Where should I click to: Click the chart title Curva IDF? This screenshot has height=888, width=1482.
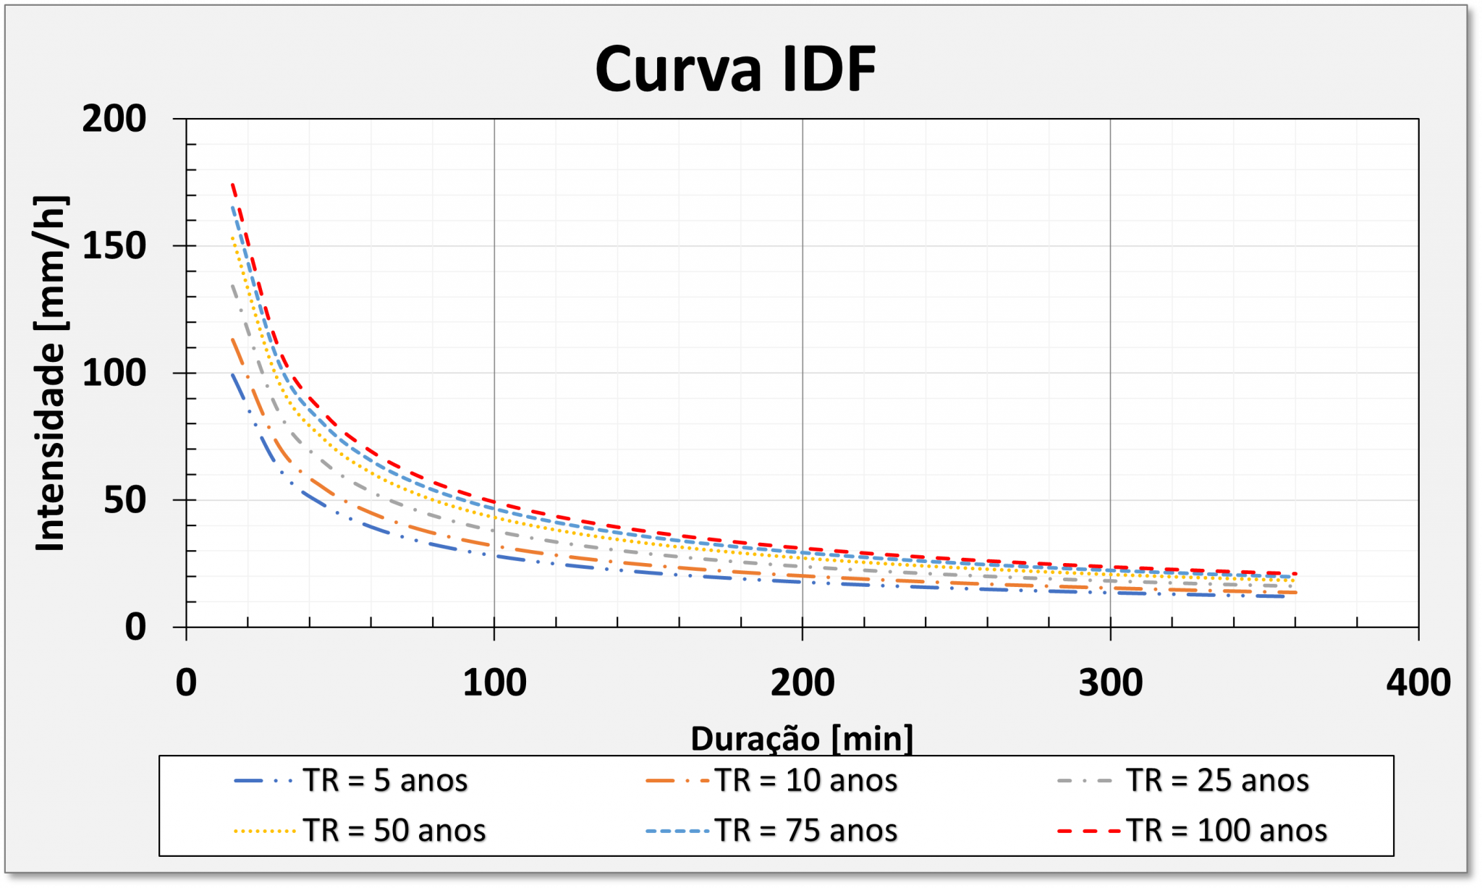735,69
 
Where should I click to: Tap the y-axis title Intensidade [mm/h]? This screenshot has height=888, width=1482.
51,373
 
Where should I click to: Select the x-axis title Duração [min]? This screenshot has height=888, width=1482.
802,739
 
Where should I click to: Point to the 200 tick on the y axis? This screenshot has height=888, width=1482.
114,119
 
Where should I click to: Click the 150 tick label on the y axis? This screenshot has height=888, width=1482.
114,246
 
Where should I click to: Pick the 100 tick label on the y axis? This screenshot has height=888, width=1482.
114,373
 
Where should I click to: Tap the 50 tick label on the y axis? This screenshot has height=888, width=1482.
124,500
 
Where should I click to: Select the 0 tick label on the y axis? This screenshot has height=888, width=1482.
135,627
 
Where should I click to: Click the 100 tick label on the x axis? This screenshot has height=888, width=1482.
494,682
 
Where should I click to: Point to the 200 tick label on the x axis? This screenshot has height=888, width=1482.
802,682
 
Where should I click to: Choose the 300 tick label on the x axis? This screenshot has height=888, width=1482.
1110,682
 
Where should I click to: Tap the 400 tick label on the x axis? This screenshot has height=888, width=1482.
1418,682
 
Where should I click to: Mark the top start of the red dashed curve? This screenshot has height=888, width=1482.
232,184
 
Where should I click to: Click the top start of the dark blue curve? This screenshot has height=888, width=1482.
232,374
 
